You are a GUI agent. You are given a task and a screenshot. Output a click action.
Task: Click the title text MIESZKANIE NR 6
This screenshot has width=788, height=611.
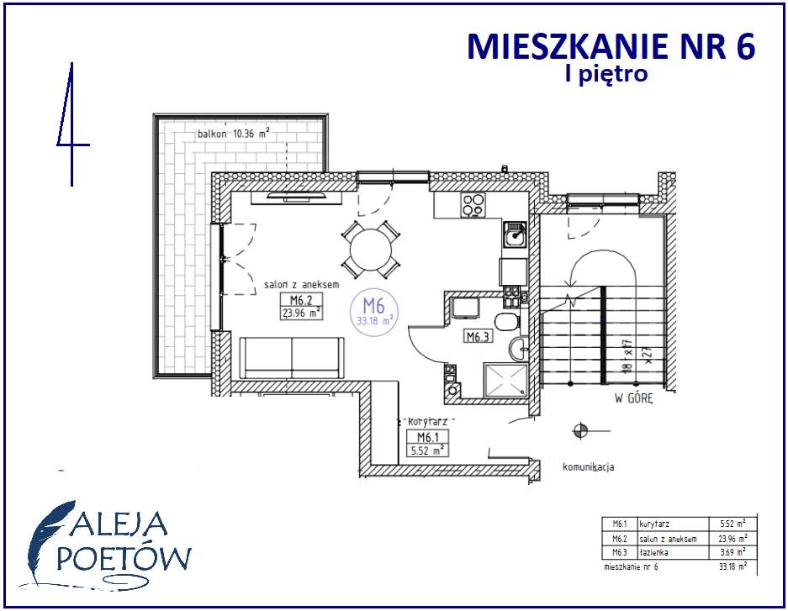pyautogui.click(x=611, y=46)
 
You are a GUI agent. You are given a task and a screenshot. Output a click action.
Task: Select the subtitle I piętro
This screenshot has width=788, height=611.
pyautogui.click(x=606, y=74)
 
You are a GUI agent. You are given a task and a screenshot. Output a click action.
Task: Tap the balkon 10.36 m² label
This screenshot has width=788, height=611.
pyautogui.click(x=233, y=134)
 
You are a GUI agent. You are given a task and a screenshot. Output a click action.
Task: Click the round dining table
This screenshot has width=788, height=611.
pyautogui.click(x=371, y=250)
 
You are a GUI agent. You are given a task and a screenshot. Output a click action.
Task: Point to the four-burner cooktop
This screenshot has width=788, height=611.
pyautogui.click(x=473, y=205)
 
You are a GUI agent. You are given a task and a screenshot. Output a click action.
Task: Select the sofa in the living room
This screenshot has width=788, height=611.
pyautogui.click(x=292, y=358)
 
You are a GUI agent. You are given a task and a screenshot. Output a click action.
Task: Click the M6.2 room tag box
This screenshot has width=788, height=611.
pyautogui.click(x=301, y=308)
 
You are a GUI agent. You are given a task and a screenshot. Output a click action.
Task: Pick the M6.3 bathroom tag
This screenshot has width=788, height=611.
pyautogui.click(x=479, y=337)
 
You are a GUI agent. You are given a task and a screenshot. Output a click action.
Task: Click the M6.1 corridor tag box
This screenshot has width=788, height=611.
pyautogui.click(x=426, y=442)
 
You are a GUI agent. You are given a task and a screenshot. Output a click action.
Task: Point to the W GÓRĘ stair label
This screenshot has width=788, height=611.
pyautogui.click(x=633, y=400)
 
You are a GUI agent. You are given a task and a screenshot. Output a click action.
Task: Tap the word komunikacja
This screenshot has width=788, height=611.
pyautogui.click(x=588, y=466)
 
